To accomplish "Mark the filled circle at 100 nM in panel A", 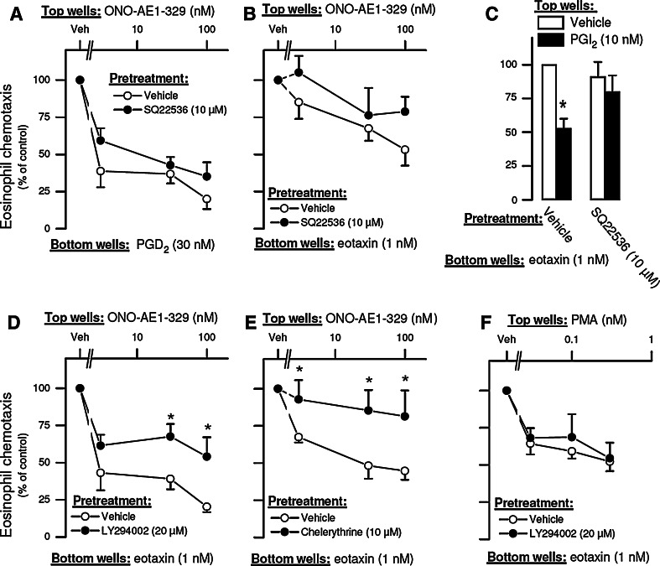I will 206,177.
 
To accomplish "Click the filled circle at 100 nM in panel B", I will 405,112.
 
